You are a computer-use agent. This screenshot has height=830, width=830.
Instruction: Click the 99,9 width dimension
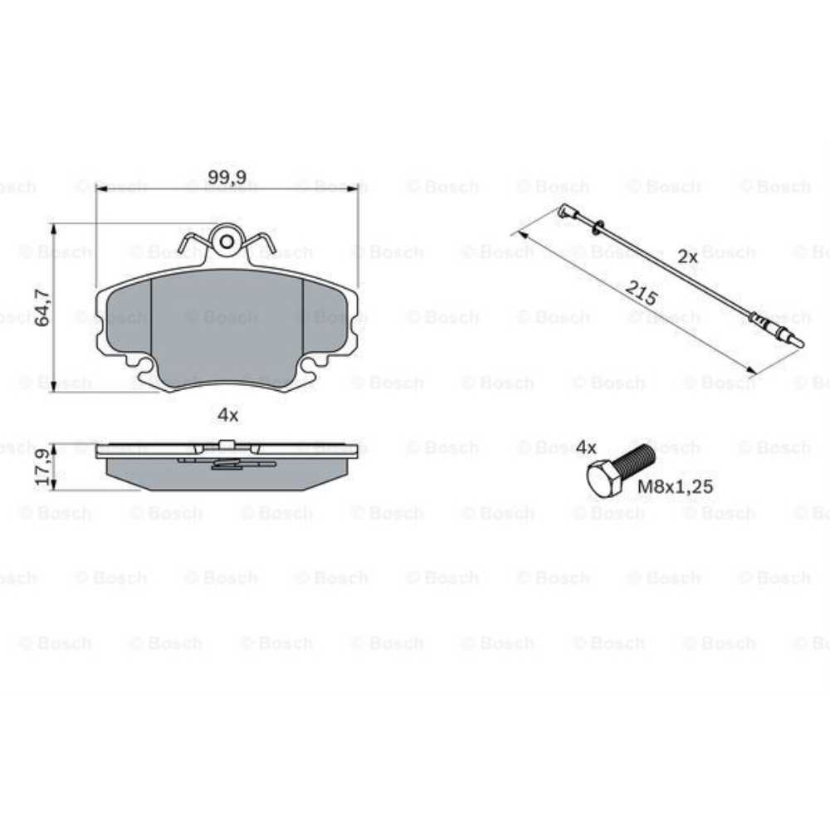[227, 177]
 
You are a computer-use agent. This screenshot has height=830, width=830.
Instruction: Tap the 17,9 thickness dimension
[44, 467]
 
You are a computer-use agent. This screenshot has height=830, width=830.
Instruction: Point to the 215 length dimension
[642, 293]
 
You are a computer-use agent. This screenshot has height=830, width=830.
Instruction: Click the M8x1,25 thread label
[675, 486]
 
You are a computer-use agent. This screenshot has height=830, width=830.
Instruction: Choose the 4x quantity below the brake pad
[228, 415]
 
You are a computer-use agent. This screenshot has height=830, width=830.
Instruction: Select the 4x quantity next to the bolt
[586, 447]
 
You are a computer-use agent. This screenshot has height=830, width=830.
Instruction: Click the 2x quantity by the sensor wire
[687, 256]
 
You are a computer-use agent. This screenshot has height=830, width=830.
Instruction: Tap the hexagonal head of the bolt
[603, 479]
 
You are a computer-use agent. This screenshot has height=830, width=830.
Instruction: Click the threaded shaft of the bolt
[633, 461]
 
